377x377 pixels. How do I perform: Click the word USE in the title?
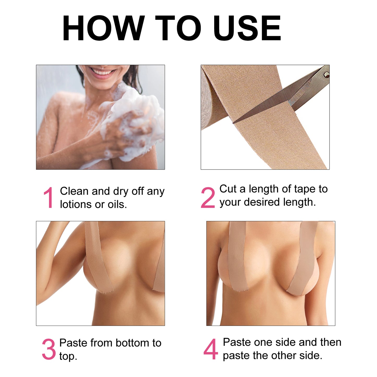coord(247,28)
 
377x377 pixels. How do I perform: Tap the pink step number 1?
coord(49,198)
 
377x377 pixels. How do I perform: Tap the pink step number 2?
coord(208,198)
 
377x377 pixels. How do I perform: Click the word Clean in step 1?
coord(74,191)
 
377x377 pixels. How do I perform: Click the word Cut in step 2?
coord(228,189)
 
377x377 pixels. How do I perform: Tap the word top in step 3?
coord(68,356)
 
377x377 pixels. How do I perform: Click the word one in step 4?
coord(262,342)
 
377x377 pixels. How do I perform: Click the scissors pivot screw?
coord(326,75)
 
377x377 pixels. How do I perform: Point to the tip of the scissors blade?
coord(234,122)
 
